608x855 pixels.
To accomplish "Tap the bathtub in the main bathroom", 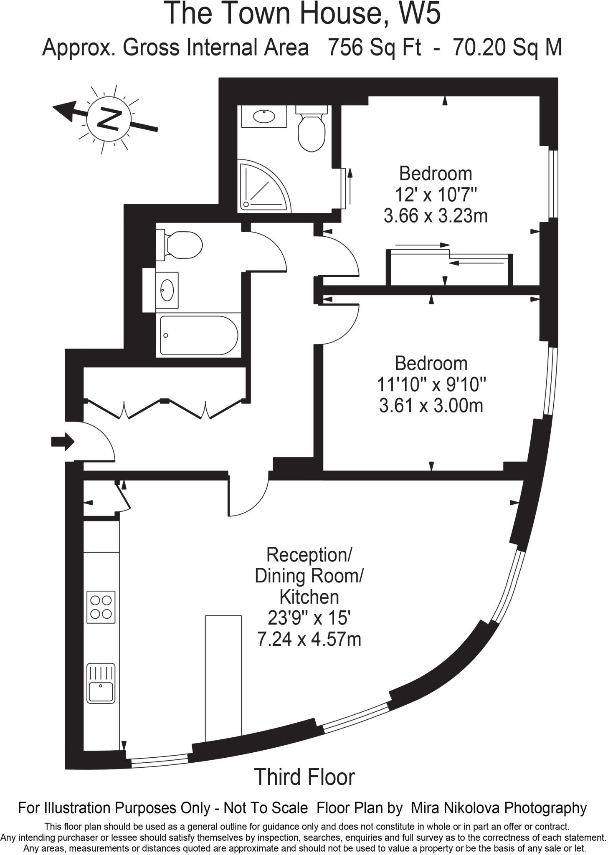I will tap(199, 336).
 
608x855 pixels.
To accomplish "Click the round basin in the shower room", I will tap(264, 116).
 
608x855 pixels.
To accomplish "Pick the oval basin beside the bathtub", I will tap(167, 290).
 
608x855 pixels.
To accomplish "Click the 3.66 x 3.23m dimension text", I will tap(435, 216).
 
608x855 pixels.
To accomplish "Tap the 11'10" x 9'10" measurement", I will tap(431, 384).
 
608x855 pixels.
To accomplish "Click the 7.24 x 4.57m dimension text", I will tap(309, 639).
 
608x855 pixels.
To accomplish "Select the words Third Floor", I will tap(304, 777).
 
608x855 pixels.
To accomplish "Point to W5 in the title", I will tap(419, 13).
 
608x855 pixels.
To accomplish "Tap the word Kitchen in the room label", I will tap(309, 597).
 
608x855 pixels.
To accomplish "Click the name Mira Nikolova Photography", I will tap(499, 808).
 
